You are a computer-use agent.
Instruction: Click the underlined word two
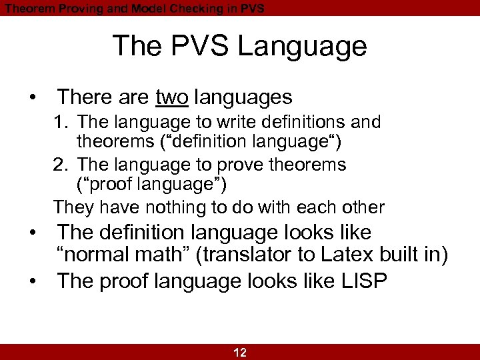point(172,97)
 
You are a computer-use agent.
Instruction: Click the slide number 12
point(240,353)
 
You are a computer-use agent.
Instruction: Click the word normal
point(92,255)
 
